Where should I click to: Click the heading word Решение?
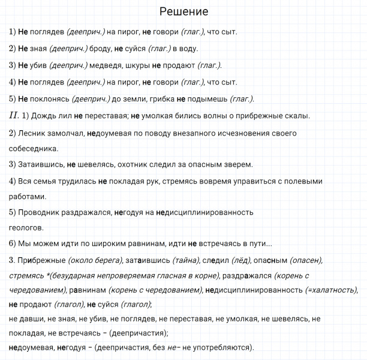tap(184, 12)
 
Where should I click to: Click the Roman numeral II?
tap(14, 115)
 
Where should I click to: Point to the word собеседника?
tap(34, 148)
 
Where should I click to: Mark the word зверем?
tap(239, 164)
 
